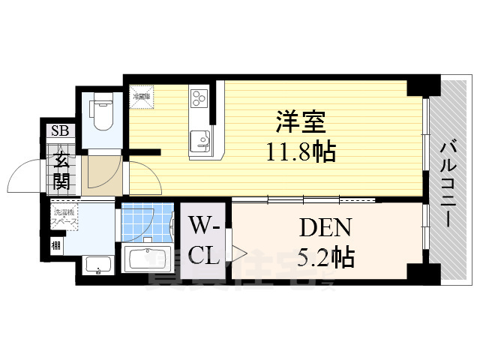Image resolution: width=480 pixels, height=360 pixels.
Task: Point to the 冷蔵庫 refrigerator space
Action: click(x=141, y=96)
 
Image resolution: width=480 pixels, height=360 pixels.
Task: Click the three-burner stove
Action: click(x=199, y=98)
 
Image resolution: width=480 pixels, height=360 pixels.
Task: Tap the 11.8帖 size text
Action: click(x=299, y=154)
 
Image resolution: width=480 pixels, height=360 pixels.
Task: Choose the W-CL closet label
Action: click(x=204, y=240)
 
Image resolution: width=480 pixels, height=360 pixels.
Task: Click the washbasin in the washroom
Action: click(x=97, y=265)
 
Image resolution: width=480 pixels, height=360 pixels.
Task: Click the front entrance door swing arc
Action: click(x=24, y=178)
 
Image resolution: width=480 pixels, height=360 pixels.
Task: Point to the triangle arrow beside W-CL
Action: click(x=239, y=253)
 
